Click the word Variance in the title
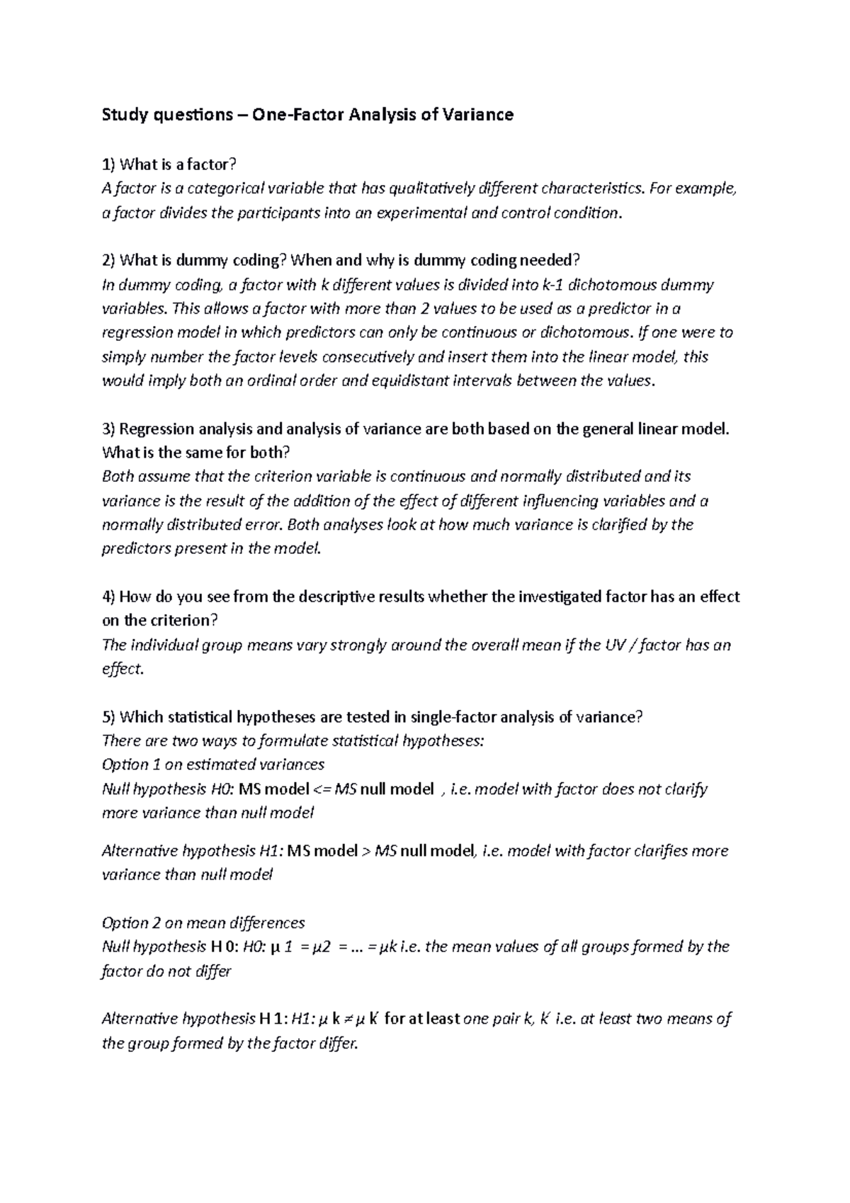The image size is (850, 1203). pos(477,115)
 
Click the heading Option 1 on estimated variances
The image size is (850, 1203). pos(213,764)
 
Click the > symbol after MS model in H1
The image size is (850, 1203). pos(365,851)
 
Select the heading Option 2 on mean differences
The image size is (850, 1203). pos(203,923)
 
